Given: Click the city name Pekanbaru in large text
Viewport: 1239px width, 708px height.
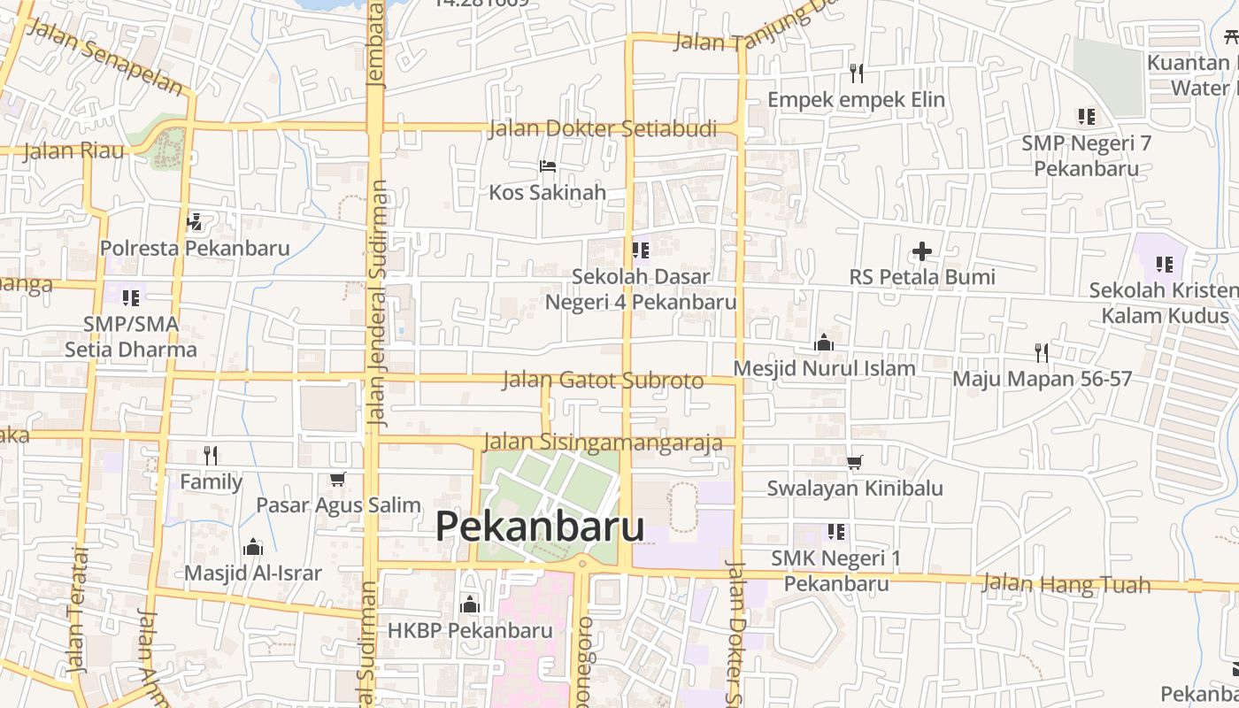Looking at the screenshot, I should tap(539, 527).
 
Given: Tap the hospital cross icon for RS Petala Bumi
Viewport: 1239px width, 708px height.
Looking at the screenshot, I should tap(922, 251).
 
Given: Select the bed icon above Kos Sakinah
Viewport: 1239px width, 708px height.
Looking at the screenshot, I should tap(548, 165).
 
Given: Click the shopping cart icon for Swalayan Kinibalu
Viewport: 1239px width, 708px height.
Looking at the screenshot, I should tap(855, 462).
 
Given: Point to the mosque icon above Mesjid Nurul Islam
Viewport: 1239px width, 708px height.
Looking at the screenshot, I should tap(824, 342).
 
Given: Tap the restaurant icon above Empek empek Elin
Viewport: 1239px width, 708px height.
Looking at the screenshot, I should tap(856, 73).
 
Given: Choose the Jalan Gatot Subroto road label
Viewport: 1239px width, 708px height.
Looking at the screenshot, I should tap(603, 381).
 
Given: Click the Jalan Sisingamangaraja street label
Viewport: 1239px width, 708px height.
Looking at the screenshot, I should tap(603, 442).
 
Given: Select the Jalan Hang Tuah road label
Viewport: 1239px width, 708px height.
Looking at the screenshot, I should tap(1066, 583).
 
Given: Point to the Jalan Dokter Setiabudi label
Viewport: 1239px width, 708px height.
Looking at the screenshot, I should tap(603, 129).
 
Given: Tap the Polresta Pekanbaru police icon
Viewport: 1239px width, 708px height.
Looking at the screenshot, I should tap(195, 221).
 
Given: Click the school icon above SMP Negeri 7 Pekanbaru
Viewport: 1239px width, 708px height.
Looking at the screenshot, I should tap(1086, 116).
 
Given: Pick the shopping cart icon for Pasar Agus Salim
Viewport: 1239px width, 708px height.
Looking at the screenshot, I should tap(337, 479).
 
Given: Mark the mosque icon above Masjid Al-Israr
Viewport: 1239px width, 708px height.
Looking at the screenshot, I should tap(253, 547).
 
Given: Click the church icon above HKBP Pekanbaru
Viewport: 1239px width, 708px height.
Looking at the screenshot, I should tap(470, 604).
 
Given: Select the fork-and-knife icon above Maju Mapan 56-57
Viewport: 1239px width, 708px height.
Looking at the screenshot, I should tap(1042, 352).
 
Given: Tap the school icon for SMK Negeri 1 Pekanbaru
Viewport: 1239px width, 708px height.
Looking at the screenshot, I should tap(836, 532).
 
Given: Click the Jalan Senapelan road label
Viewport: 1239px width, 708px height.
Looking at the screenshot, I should tap(105, 55).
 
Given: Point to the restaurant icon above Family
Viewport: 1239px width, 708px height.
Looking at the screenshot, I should tap(211, 455).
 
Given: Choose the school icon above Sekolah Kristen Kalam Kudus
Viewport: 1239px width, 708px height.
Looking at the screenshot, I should tap(1164, 264).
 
